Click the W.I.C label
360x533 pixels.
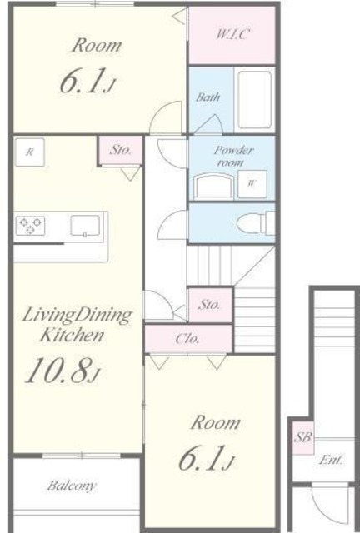tap(232, 34)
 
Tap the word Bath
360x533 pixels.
tap(207, 97)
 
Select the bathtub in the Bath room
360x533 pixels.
tap(255, 100)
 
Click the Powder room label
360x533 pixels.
tap(233, 156)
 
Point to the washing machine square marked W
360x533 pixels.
tap(252, 184)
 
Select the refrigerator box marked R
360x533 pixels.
tap(30, 152)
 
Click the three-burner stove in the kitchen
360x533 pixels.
tap(30, 226)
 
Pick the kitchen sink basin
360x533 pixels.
tap(85, 225)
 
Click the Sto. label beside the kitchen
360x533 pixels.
tap(121, 150)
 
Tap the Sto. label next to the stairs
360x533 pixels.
tap(209, 305)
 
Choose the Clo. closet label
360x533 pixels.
tap(187, 339)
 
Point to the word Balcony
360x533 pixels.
tap(72, 486)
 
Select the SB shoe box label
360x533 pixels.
tap(302, 437)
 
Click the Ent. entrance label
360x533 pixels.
tap(332, 460)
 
